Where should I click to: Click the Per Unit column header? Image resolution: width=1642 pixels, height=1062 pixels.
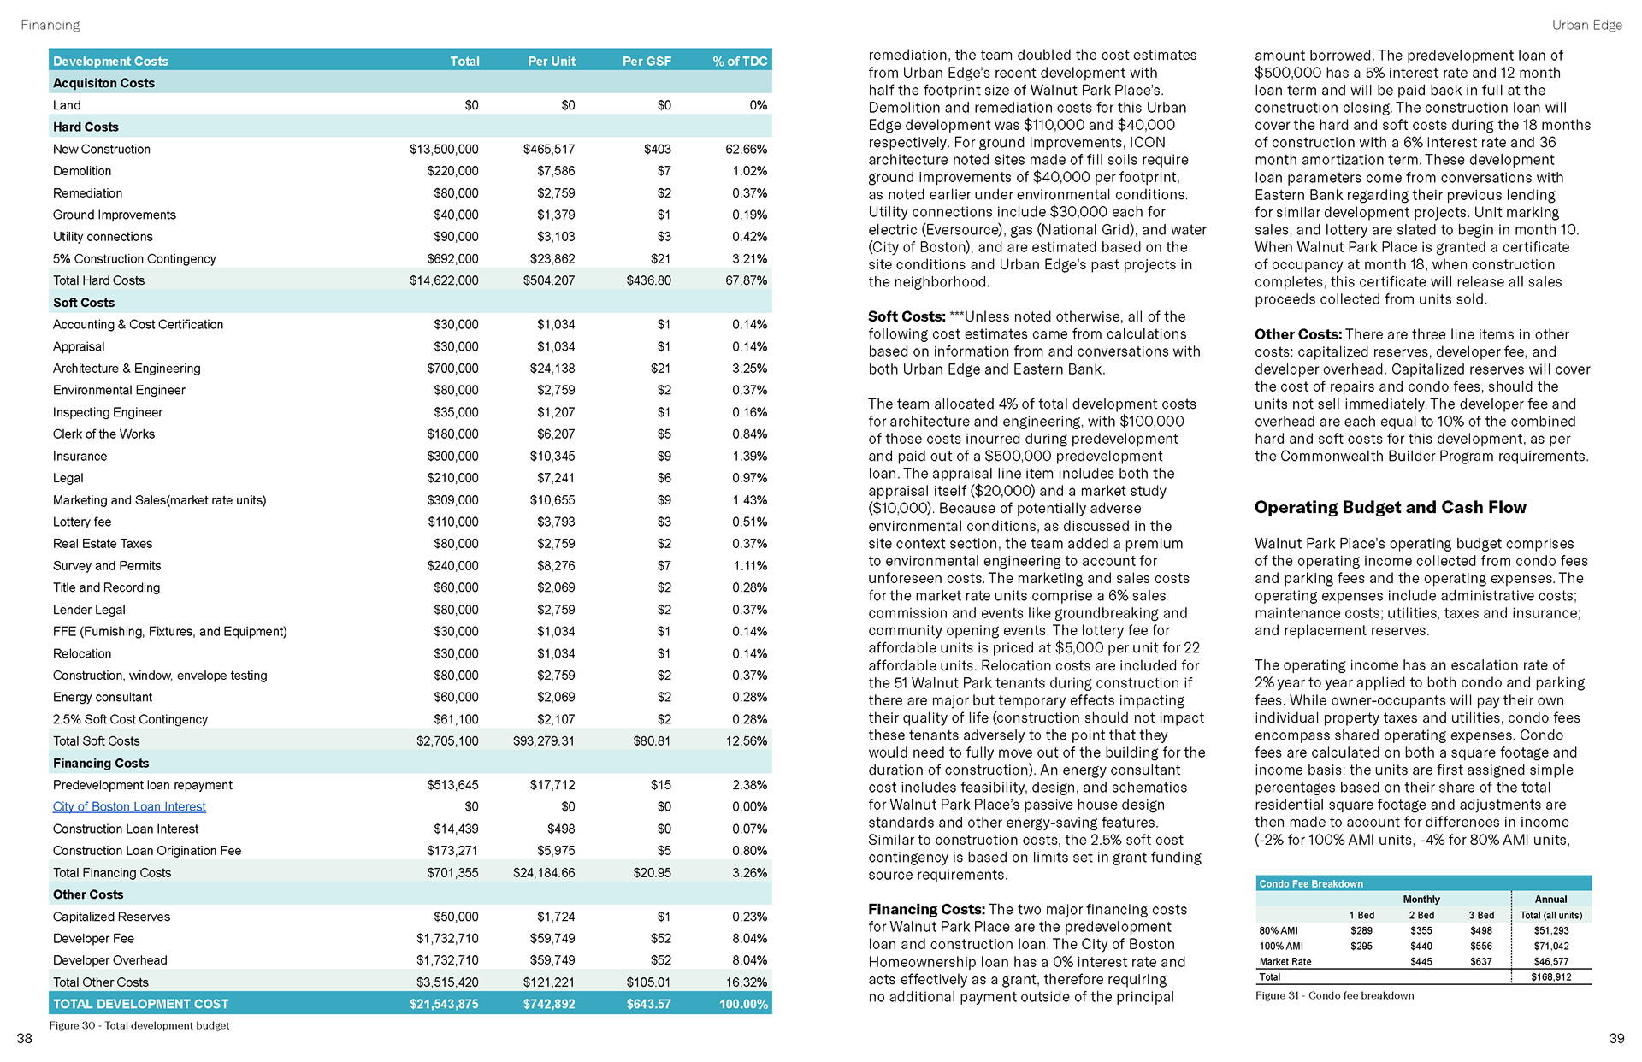551,61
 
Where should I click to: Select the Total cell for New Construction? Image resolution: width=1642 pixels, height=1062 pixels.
444,149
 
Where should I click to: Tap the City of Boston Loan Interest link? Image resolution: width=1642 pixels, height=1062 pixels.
129,806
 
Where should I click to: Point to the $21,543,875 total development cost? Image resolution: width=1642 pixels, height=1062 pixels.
444,1004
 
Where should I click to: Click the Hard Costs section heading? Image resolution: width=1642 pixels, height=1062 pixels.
86,127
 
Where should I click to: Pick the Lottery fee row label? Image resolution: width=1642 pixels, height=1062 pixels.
82,522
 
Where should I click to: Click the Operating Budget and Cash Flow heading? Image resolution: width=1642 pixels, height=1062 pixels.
1390,507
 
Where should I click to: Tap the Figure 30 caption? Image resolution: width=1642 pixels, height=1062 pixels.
139,1025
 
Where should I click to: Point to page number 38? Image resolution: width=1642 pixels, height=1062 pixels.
25,1038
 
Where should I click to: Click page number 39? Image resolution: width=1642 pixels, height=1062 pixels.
1616,1038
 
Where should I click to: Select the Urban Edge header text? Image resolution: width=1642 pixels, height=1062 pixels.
1586,25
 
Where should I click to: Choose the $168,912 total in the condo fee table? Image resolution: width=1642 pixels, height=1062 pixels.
1550,977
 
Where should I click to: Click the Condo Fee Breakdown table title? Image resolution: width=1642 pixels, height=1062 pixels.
1311,883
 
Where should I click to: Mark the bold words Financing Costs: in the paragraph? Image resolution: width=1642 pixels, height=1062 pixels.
926,909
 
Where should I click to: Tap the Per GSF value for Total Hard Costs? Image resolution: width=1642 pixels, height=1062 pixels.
648,280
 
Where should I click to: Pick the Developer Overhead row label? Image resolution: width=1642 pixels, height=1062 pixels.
110,960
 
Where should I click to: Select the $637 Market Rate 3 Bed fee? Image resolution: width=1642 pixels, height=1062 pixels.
1480,962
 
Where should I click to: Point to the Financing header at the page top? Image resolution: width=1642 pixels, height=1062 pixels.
50,25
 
